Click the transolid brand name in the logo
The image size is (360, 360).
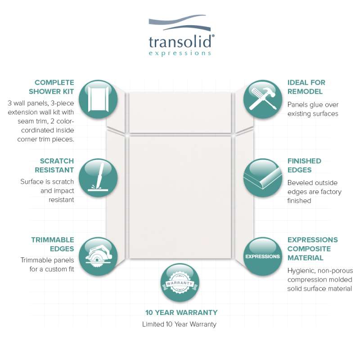pos(180,41)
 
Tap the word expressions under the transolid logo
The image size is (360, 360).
pos(180,53)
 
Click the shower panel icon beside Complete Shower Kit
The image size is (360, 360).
pos(98,99)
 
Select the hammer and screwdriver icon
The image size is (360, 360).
pos(263,99)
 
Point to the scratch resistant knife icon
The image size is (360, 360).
pos(98,178)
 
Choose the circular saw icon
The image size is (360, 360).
pos(98,256)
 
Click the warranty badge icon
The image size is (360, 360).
pos(180,283)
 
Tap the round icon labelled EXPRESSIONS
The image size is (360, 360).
pos(263,256)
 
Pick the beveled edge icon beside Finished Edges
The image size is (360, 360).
pos(263,178)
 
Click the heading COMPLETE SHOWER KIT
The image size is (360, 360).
pos(51,87)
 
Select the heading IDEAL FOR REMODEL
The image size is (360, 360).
pos(306,87)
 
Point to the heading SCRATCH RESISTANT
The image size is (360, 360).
pos(54,166)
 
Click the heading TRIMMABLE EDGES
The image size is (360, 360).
pos(53,244)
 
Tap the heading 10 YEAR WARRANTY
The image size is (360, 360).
pos(181,312)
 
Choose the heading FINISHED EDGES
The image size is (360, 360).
pos(304,166)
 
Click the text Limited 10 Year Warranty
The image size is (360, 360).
pos(179,324)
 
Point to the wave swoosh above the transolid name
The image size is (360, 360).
pos(180,23)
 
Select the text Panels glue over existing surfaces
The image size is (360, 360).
pos(313,109)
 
